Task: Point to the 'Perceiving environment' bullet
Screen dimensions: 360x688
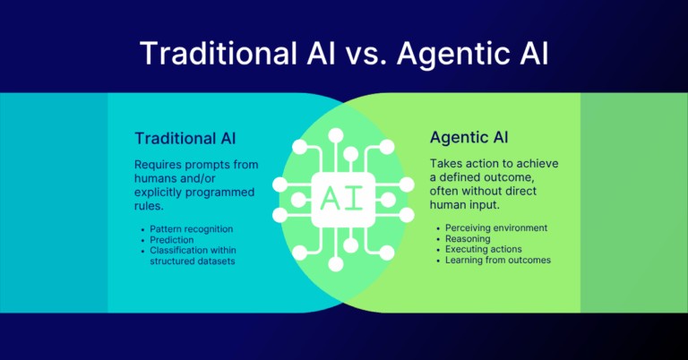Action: click(496, 228)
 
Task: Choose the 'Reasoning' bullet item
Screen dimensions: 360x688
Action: click(468, 239)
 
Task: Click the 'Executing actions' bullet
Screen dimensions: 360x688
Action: click(483, 250)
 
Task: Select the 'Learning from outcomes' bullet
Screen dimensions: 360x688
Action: click(498, 261)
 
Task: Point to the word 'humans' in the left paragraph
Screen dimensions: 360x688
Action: click(159, 178)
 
